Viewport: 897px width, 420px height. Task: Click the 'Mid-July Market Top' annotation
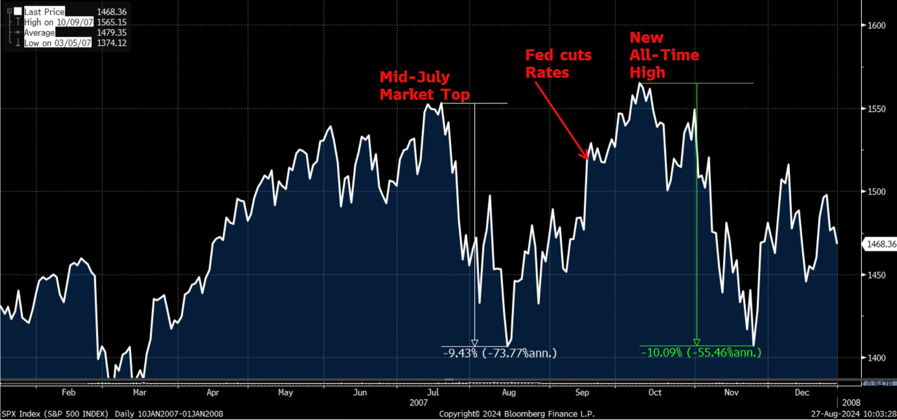424,86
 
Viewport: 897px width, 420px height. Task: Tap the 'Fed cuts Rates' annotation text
558,64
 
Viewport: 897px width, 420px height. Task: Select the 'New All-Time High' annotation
664,55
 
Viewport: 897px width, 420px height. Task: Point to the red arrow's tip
587,159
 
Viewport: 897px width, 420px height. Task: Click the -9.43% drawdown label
499,353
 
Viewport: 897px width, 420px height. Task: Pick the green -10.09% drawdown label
701,353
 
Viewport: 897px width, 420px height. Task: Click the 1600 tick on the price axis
876,25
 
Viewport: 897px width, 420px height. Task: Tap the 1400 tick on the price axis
876,358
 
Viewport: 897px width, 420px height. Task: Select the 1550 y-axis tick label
876,109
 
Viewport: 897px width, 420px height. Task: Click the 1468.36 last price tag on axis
881,244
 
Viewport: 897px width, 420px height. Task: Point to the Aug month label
509,393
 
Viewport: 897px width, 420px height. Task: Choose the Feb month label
69,393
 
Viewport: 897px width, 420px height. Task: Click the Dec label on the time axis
801,393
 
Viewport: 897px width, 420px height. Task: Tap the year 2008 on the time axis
851,403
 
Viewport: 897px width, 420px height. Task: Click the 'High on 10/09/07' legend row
58,22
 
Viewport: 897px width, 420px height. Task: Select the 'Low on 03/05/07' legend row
57,43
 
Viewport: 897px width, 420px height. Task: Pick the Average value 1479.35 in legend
111,32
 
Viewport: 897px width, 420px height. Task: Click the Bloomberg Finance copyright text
517,414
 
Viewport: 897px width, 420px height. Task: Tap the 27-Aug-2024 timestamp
853,414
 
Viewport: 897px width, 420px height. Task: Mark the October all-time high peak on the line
640,84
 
